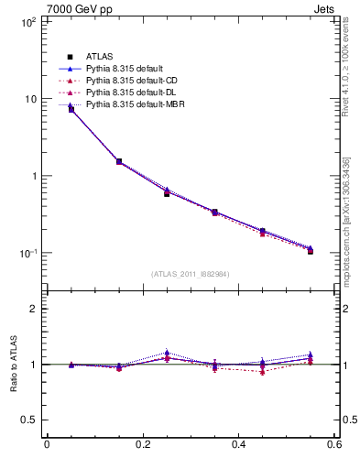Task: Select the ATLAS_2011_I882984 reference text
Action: [x=190, y=274]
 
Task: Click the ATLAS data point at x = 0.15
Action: [x=119, y=161]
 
